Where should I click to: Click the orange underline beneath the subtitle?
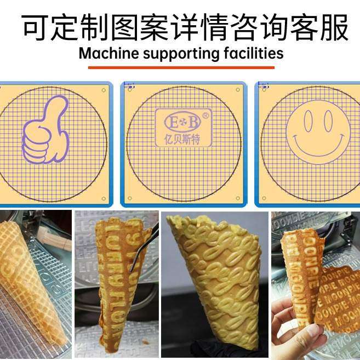[x=181, y=67]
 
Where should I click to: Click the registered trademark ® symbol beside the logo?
[x=205, y=116]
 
